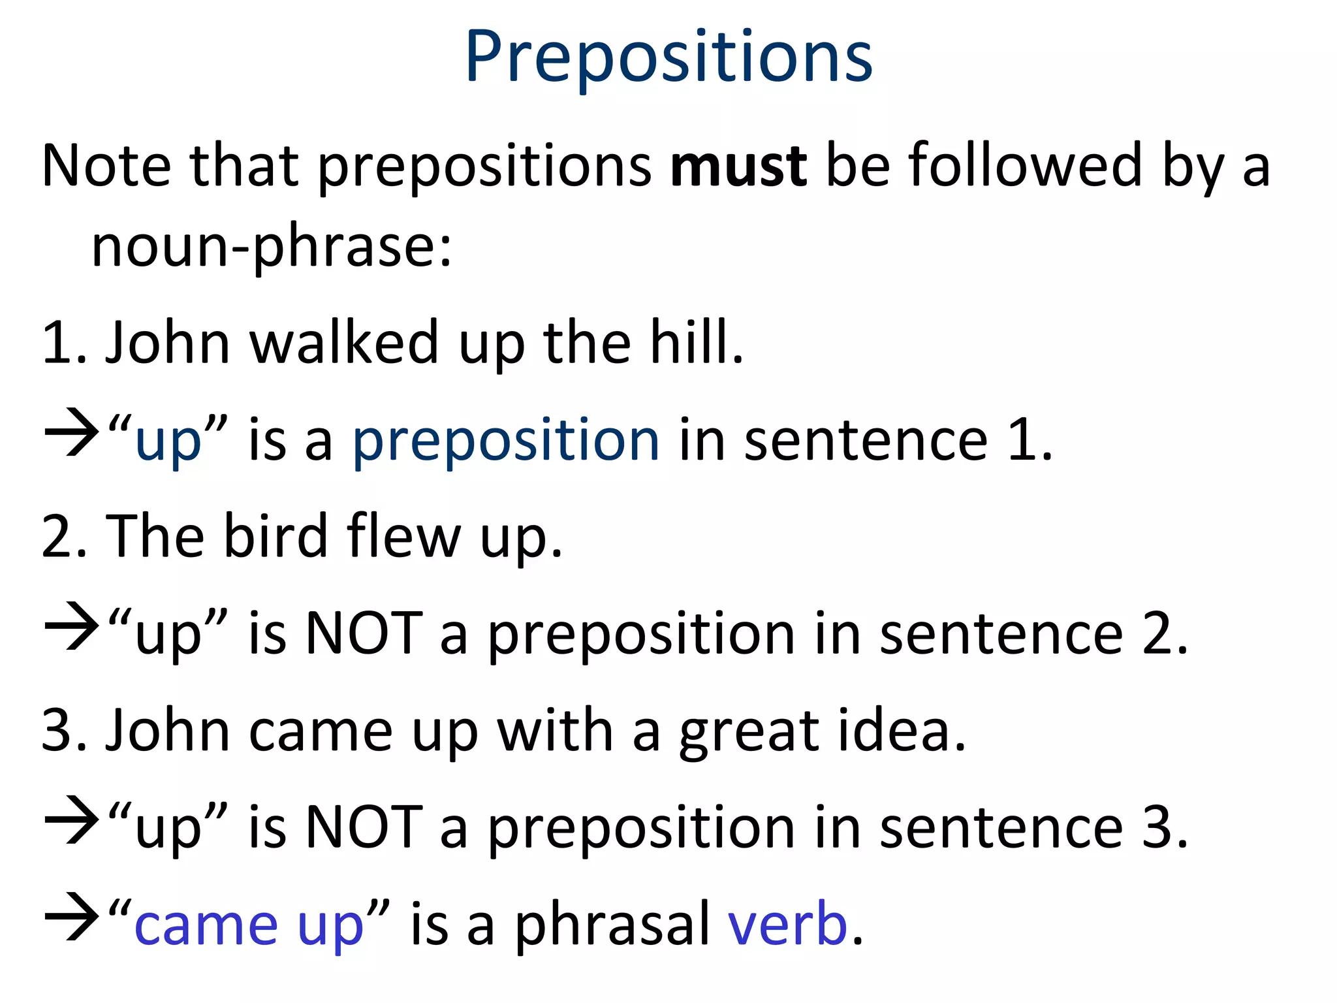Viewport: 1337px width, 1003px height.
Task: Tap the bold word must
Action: [738, 167]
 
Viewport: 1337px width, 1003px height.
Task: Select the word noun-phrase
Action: [271, 247]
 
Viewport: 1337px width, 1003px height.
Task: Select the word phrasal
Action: [612, 925]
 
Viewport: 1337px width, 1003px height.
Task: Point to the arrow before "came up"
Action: [71, 917]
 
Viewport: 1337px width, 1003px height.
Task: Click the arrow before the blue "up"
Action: [71, 432]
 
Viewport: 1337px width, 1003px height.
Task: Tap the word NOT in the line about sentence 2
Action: [364, 633]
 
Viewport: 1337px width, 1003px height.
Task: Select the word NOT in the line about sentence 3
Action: [364, 827]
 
